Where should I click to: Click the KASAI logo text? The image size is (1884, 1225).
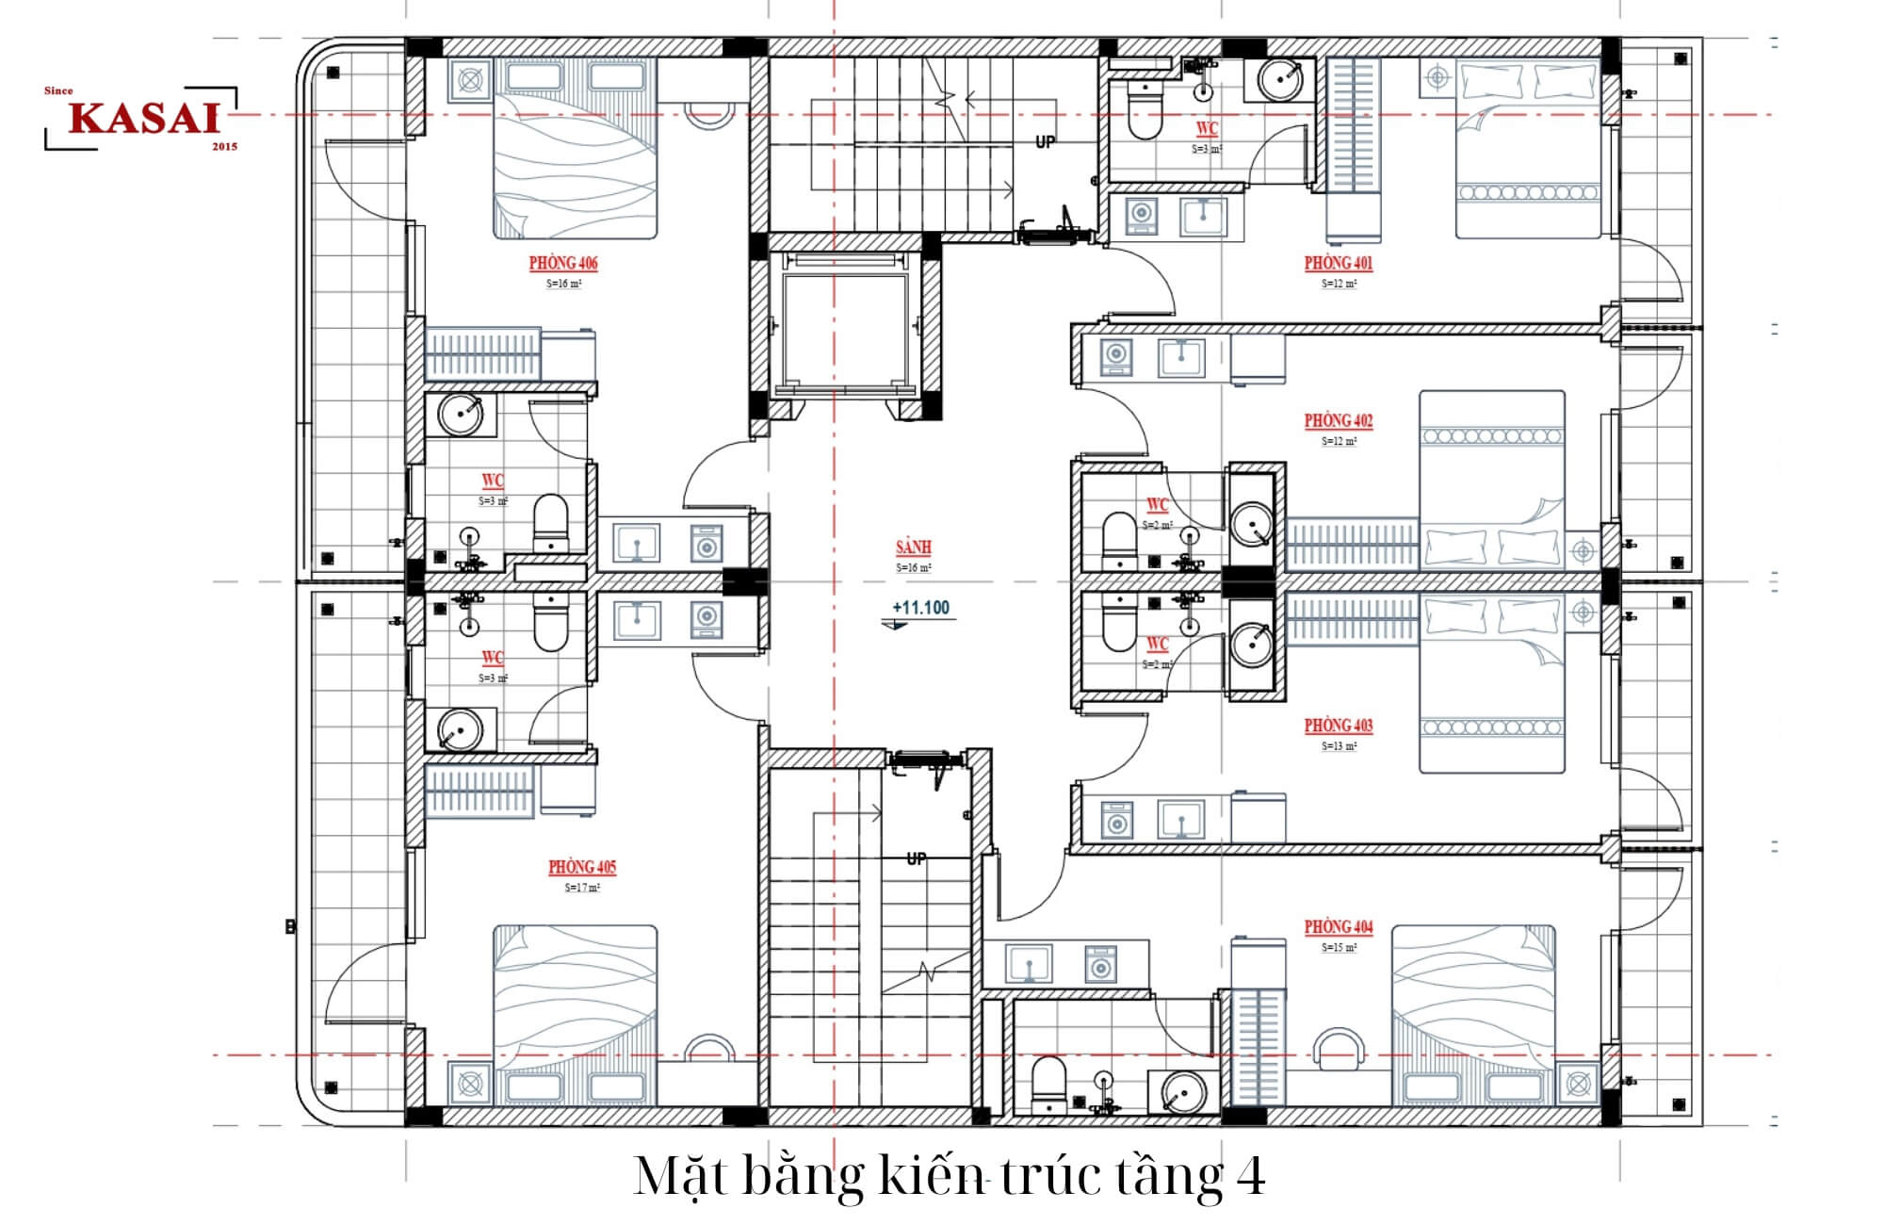coord(143,119)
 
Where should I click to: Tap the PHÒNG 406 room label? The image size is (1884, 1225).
coord(562,263)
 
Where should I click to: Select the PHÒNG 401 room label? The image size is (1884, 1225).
coord(1338,263)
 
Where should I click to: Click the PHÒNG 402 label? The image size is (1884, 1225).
coord(1338,420)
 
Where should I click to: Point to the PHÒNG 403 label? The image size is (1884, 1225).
coord(1338,726)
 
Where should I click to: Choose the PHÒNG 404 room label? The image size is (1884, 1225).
coord(1338,927)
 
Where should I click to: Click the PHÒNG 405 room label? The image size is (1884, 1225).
coord(582,867)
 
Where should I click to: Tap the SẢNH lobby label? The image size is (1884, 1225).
coord(913,547)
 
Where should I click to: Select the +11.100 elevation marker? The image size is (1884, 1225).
coord(920,608)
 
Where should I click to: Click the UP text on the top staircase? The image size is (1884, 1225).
coord(1045,142)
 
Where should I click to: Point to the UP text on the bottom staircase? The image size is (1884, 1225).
coord(916,858)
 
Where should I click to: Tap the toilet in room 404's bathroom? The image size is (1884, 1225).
coord(1048,1084)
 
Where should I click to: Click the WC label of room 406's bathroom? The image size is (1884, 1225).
coord(492,481)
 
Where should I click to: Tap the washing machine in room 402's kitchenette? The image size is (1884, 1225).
coord(1116,356)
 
